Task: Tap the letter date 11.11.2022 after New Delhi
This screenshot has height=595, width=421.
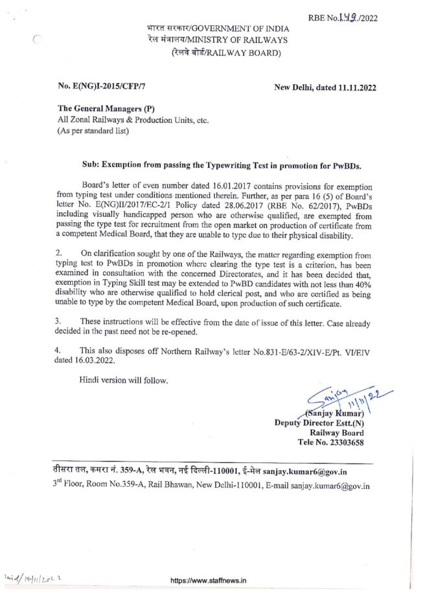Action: tap(356, 87)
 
